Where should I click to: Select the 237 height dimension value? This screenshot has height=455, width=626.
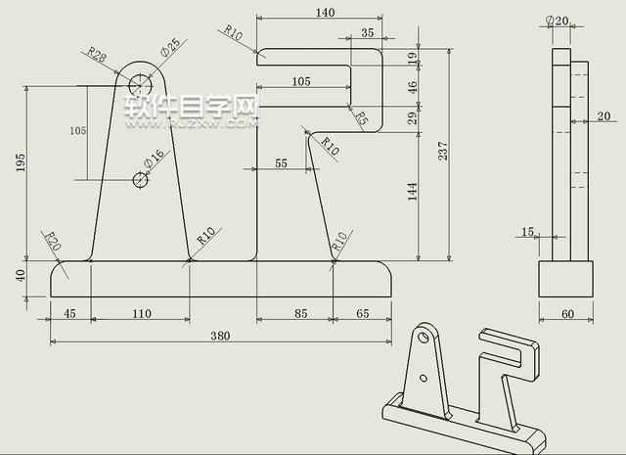point(443,151)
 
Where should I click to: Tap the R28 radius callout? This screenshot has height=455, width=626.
point(98,54)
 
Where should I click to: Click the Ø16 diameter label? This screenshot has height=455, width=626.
point(154,159)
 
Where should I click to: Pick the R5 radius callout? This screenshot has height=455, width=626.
point(360,119)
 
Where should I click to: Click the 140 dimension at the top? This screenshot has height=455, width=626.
point(325,13)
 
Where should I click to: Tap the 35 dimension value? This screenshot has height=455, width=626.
point(367,33)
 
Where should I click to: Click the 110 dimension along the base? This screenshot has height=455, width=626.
point(141,314)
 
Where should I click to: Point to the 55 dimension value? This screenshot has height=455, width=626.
point(282,164)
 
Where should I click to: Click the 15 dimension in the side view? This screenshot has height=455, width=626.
point(528,232)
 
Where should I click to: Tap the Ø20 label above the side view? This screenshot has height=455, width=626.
point(557,21)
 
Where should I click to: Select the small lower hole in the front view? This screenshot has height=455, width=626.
point(140,179)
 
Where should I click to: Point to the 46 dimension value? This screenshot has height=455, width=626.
point(413,87)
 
